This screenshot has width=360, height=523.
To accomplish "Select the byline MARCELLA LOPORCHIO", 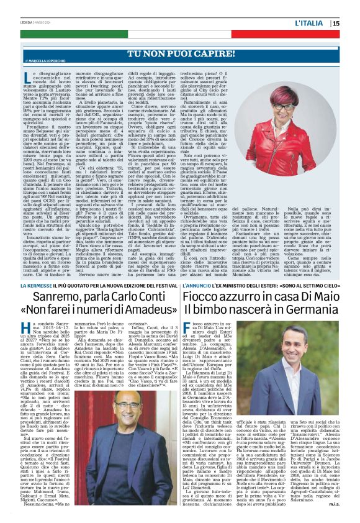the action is tap(68, 61).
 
